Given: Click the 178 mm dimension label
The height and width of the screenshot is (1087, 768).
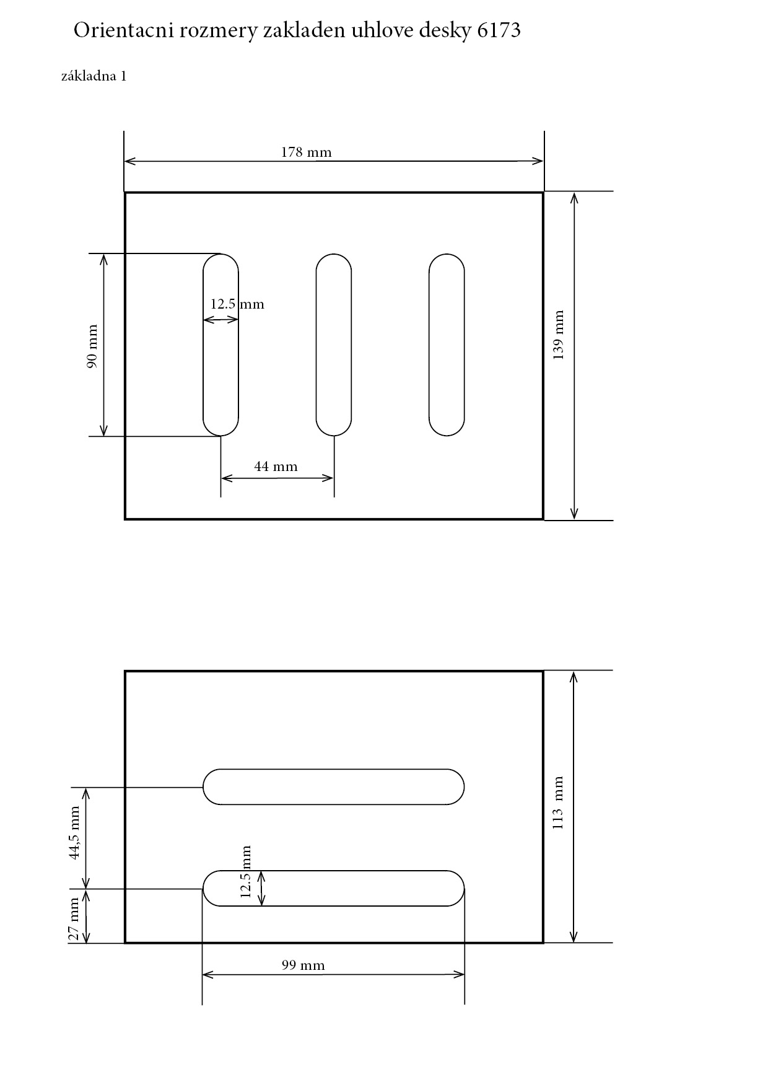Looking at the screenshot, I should (306, 152).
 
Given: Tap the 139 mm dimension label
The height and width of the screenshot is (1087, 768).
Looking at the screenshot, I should (558, 335).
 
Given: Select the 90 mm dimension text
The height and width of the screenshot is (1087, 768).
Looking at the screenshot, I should (92, 346).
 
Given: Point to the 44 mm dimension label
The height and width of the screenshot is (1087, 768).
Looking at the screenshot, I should (276, 466).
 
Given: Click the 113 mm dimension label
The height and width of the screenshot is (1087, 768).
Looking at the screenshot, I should (558, 803).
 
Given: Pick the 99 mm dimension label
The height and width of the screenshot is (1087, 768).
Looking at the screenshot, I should (303, 965).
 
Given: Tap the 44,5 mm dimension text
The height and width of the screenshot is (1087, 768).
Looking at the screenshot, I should (75, 832).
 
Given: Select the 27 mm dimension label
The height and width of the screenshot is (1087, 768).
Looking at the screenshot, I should (74, 919).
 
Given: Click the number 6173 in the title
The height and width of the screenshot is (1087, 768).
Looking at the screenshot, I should (499, 30).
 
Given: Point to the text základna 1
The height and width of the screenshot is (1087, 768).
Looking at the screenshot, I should (94, 76).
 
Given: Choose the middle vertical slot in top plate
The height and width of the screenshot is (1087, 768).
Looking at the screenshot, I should (334, 345).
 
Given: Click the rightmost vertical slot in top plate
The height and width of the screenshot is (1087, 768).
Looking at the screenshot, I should (447, 345).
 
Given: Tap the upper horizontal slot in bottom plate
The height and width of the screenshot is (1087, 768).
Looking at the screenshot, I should (334, 786).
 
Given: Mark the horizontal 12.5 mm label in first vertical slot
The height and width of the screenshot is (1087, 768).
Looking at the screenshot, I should (237, 304).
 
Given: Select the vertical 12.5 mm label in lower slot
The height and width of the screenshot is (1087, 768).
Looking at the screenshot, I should (246, 871).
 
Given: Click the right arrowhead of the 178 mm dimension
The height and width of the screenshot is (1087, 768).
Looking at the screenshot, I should (539, 161).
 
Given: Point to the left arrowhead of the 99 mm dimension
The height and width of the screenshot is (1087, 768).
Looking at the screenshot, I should (207, 975).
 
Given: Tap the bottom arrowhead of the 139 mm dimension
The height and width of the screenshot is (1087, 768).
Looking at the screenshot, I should (574, 515).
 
